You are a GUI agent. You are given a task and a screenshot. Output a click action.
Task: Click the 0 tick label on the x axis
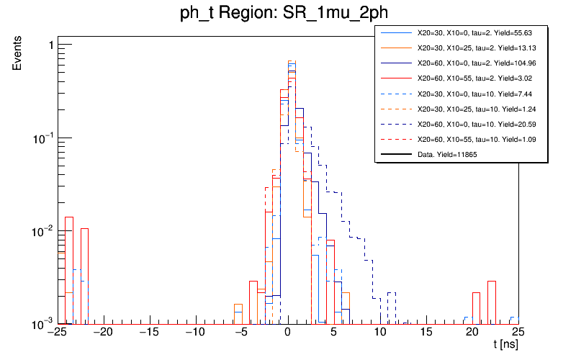coord(287,333)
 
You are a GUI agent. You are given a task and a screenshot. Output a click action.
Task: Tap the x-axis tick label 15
coord(427,333)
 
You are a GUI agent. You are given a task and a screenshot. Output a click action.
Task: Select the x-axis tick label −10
coord(195,333)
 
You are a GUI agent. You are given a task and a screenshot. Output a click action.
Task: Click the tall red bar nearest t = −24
coord(69,270)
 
